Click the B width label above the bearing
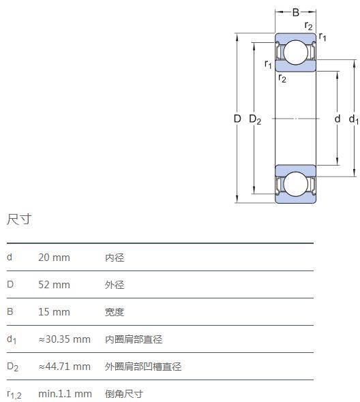point(296,12)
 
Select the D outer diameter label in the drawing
point(237,119)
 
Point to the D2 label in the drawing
point(255,119)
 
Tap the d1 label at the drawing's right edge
point(354,119)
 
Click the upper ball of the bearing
point(296,52)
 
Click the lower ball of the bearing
point(296,183)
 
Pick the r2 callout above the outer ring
point(308,26)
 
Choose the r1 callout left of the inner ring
point(268,64)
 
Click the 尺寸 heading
point(19,219)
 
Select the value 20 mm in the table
point(54,258)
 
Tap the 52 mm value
point(54,285)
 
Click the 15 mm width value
point(54,312)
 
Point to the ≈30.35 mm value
point(64,339)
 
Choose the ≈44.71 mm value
point(64,367)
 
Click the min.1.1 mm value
point(65,394)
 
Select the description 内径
point(115,258)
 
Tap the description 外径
point(115,285)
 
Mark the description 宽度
point(115,312)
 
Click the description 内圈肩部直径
point(134,339)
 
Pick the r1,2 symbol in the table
point(14,395)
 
